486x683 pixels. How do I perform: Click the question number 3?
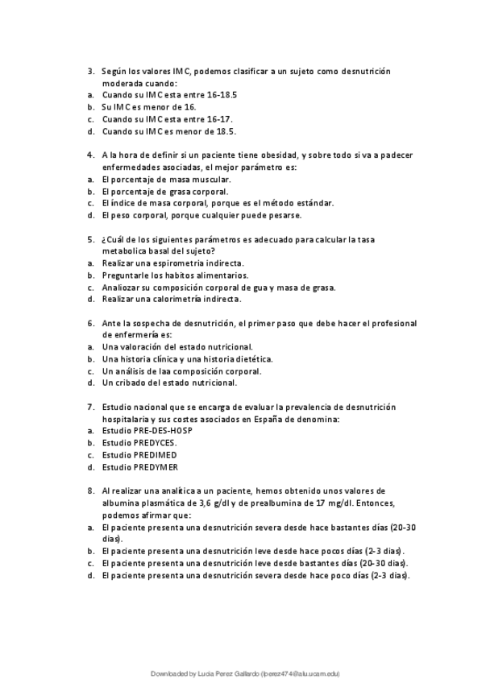pyautogui.click(x=90, y=71)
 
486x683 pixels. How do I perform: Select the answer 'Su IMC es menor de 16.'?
pyautogui.click(x=149, y=107)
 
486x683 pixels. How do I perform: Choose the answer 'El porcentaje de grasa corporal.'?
pyautogui.click(x=165, y=192)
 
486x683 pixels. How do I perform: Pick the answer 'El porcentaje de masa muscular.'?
pyautogui.click(x=166, y=180)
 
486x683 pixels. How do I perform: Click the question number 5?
pyautogui.click(x=90, y=239)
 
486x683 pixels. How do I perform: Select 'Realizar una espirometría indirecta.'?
pyautogui.click(x=172, y=263)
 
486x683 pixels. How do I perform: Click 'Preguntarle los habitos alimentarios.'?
pyautogui.click(x=175, y=275)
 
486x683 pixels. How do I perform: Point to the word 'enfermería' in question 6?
pyautogui.click(x=129, y=335)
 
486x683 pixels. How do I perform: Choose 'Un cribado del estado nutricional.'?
pyautogui.click(x=169, y=383)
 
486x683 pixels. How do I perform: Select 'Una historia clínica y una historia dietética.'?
pyautogui.click(x=187, y=359)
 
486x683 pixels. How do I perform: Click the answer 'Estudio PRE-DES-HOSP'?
pyautogui.click(x=147, y=431)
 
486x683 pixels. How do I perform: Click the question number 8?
pyautogui.click(x=90, y=491)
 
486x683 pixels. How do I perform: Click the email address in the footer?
pyautogui.click(x=296, y=673)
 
